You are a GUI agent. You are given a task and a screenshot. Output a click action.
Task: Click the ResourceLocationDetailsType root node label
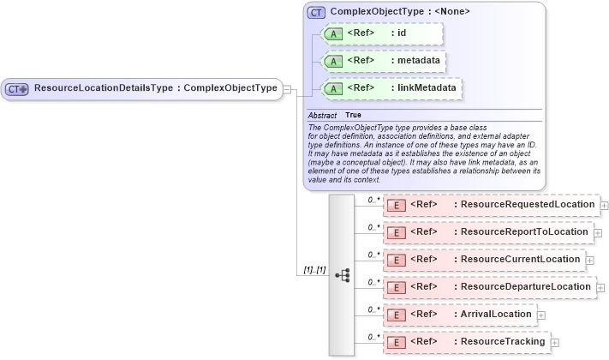tap(154, 88)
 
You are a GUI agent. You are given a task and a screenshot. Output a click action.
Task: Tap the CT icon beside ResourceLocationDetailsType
tap(17, 88)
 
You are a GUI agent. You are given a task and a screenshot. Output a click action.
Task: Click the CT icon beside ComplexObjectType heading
tap(316, 13)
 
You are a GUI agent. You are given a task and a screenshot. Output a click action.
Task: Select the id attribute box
tap(381, 33)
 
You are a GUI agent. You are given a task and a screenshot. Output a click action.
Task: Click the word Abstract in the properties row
tap(322, 115)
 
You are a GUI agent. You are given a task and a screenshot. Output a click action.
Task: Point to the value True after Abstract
tap(353, 115)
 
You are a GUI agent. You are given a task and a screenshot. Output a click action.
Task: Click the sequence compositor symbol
tap(343, 275)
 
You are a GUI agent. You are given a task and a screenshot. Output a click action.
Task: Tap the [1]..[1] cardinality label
tap(313, 270)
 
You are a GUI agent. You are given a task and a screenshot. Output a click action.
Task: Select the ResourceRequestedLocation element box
tap(491, 205)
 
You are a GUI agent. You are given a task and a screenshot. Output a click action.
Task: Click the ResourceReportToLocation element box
tap(487, 231)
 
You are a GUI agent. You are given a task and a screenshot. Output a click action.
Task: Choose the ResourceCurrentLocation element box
tap(484, 259)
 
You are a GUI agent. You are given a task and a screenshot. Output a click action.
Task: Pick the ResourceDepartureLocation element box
tap(489, 286)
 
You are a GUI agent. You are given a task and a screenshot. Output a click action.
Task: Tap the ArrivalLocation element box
tap(460, 315)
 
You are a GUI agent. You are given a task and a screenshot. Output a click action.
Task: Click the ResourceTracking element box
tap(467, 342)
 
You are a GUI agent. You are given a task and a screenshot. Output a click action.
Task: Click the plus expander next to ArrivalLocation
tap(542, 315)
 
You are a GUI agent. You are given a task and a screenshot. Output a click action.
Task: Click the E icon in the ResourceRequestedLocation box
tap(396, 205)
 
